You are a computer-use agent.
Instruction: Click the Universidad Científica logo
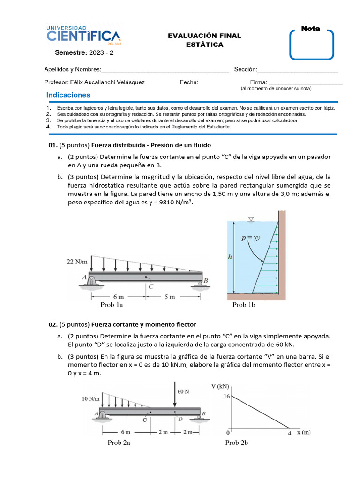(x=83, y=34)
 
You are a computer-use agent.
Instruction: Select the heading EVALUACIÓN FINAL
(x=204, y=36)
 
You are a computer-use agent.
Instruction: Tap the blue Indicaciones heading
(x=68, y=95)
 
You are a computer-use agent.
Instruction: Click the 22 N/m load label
(x=77, y=262)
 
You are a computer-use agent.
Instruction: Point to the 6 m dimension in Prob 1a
(x=118, y=297)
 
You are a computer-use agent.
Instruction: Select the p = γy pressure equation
(x=251, y=238)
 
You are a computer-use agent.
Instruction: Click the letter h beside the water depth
(x=230, y=256)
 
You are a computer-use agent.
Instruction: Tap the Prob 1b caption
(x=243, y=305)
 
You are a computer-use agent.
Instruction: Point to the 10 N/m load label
(x=90, y=399)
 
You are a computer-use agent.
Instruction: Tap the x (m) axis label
(x=304, y=433)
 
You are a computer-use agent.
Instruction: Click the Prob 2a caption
(x=119, y=442)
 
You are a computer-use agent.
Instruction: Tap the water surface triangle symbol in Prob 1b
(x=251, y=219)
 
